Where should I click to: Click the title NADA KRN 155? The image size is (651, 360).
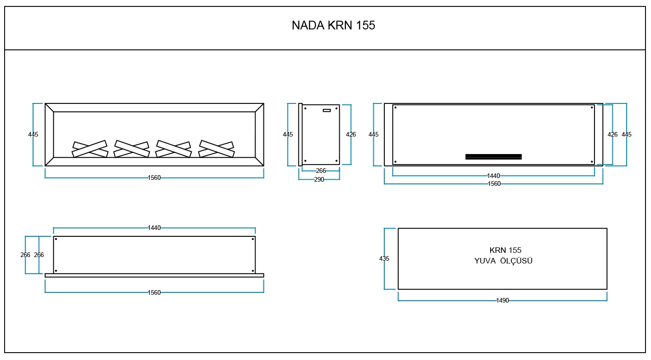(333, 26)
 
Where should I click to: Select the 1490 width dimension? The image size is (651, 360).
(503, 301)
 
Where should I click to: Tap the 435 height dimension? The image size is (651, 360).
(384, 259)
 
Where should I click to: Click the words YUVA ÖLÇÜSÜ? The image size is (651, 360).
(503, 261)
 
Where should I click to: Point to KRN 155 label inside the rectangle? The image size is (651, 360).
(505, 251)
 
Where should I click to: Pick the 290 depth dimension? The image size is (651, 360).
(319, 180)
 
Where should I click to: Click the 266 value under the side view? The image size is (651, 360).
(321, 171)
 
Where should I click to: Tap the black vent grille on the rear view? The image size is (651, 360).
(493, 157)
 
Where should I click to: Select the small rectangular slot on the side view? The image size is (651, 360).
(327, 110)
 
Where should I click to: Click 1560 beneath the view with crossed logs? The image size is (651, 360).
(154, 178)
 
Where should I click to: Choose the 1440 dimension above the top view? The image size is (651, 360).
(154, 228)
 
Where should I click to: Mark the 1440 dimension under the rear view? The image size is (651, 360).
(493, 176)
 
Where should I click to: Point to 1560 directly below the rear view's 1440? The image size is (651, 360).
(493, 184)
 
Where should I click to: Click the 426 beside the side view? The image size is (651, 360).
(351, 135)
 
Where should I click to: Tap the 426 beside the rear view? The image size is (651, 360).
(612, 135)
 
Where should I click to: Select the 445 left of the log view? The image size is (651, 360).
(33, 135)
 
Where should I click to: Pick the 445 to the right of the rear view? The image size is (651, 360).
(627, 135)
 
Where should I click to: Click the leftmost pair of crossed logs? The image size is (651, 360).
(90, 149)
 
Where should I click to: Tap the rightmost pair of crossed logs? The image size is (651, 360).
(217, 149)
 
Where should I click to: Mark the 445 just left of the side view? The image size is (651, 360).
(288, 135)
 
